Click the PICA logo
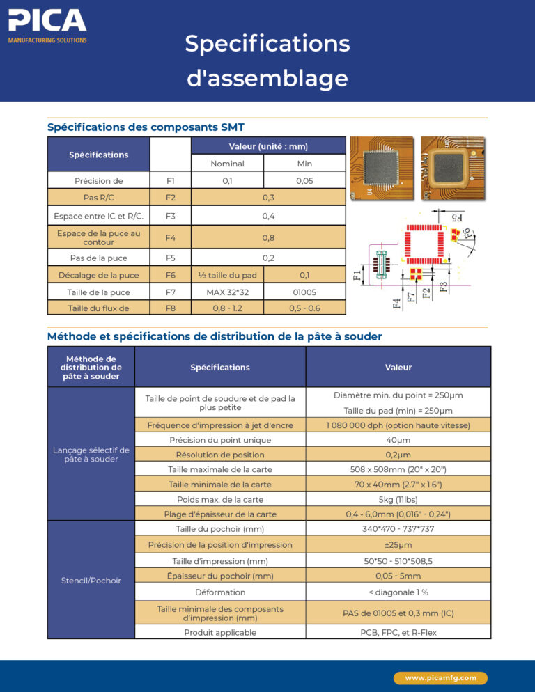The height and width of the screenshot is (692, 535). tap(47, 26)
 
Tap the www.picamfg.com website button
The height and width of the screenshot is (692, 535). tap(440, 677)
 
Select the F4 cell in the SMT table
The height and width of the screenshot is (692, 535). tap(170, 237)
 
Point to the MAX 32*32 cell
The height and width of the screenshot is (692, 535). tap(227, 292)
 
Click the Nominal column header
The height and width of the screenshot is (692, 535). tap(227, 164)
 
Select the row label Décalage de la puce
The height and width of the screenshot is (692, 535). tap(98, 275)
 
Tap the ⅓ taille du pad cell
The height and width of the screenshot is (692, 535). tap(227, 275)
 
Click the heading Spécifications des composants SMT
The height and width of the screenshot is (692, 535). tap(145, 127)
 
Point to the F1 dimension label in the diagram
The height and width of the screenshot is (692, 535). tap(357, 275)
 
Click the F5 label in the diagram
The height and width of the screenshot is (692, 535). tap(456, 218)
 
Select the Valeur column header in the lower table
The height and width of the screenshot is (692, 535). tap(398, 367)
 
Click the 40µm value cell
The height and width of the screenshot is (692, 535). tap(398, 440)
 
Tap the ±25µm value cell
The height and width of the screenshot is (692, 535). tap(398, 544)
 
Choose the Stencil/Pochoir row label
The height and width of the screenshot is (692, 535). tap(91, 580)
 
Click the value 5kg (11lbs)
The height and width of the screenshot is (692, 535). tap(398, 499)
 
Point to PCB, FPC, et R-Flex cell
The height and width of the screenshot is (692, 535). tap(398, 633)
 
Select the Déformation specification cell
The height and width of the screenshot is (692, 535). tap(220, 592)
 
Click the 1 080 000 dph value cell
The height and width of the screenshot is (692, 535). tap(398, 425)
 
